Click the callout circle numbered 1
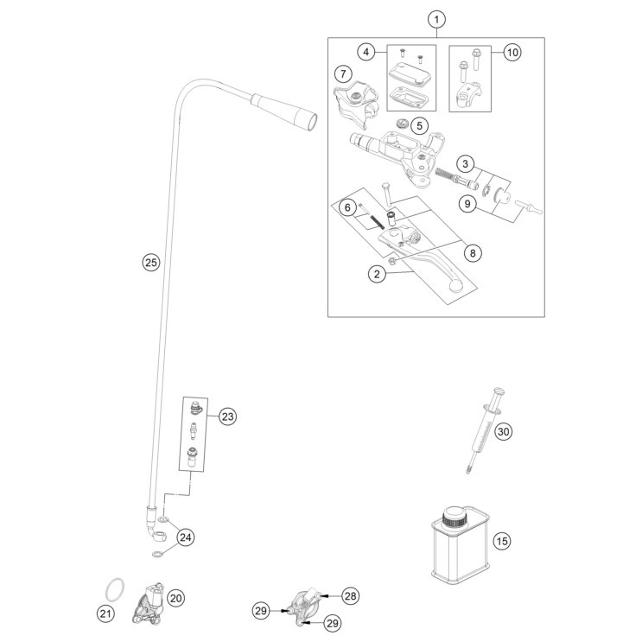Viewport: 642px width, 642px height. click(x=437, y=18)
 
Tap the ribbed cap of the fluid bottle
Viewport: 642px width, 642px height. click(x=456, y=520)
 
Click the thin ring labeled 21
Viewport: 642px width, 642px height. click(x=110, y=591)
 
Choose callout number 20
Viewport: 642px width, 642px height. click(x=176, y=596)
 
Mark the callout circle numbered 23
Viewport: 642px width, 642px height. click(x=227, y=416)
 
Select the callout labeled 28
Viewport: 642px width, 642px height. click(x=350, y=595)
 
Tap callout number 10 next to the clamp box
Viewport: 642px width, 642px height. click(x=512, y=53)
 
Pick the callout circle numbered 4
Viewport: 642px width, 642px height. click(x=367, y=53)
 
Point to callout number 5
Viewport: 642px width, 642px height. click(x=418, y=125)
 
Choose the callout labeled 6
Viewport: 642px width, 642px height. click(x=346, y=207)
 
